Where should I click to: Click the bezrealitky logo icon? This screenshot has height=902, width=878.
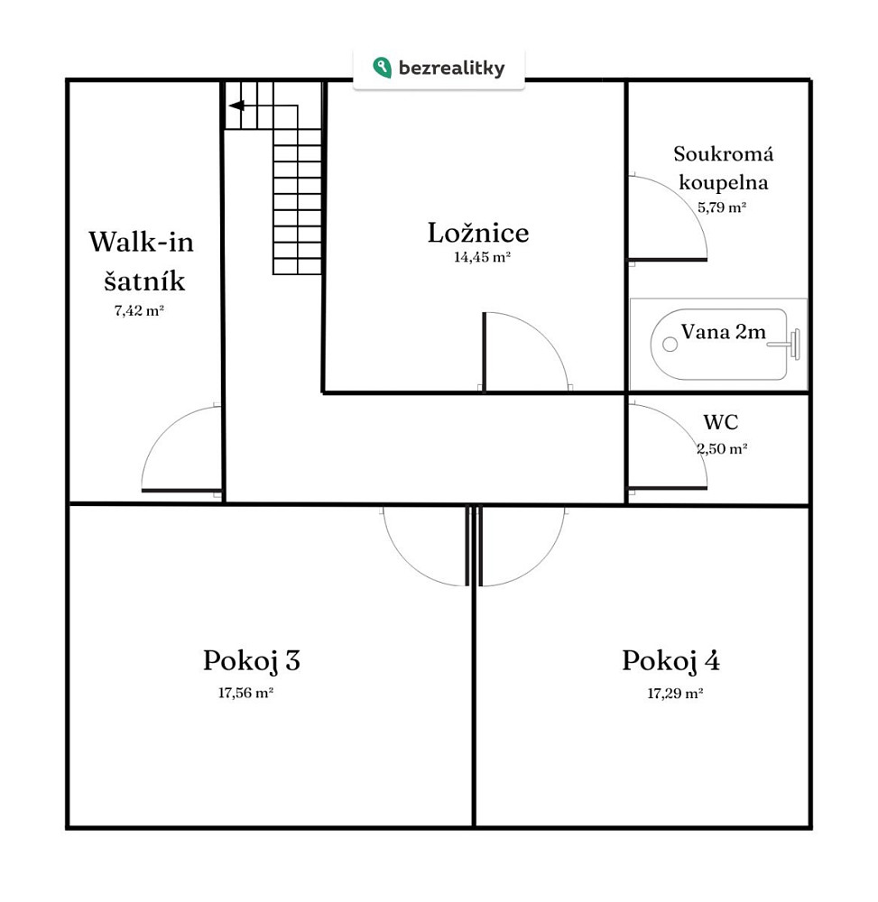pyautogui.click(x=382, y=68)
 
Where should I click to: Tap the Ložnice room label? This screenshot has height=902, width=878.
pyautogui.click(x=478, y=233)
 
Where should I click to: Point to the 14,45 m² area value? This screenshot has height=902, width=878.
pyautogui.click(x=482, y=257)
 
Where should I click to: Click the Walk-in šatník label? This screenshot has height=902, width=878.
pyautogui.click(x=142, y=262)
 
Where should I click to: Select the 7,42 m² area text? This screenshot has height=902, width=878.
pyautogui.click(x=139, y=310)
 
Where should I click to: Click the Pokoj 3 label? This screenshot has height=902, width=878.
pyautogui.click(x=252, y=661)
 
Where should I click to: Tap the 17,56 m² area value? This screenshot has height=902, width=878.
pyautogui.click(x=245, y=693)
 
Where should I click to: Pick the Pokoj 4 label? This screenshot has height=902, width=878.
pyautogui.click(x=670, y=661)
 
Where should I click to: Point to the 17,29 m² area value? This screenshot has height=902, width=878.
pyautogui.click(x=675, y=693)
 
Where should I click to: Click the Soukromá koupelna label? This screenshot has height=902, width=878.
pyautogui.click(x=723, y=168)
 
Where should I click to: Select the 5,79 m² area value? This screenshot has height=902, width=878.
pyautogui.click(x=722, y=207)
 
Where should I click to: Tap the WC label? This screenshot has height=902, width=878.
pyautogui.click(x=720, y=422)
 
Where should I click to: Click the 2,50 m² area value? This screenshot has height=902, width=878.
pyautogui.click(x=722, y=448)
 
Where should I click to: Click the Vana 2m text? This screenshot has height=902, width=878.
pyautogui.click(x=723, y=332)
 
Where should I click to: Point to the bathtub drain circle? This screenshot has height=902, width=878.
pyautogui.click(x=670, y=344)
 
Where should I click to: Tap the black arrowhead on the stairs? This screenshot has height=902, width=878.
pyautogui.click(x=236, y=106)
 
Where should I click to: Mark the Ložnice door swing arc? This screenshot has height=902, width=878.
pyautogui.click(x=544, y=335)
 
